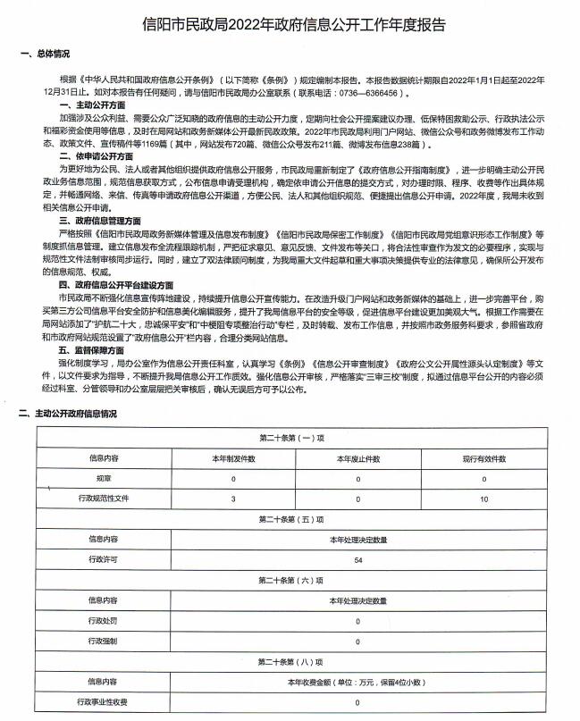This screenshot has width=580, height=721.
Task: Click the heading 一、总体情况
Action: point(45,53)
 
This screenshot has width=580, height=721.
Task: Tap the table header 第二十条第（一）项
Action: point(290,438)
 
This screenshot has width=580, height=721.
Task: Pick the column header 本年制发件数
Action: point(233,457)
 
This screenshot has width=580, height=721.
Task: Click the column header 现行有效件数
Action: point(483,457)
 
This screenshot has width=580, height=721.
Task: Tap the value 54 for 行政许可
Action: point(357,559)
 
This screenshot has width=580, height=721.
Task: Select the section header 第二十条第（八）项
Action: point(290,662)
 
